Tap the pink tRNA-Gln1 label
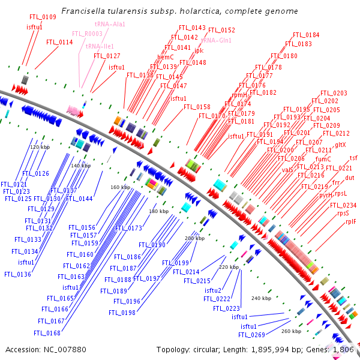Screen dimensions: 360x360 (x=216, y=40)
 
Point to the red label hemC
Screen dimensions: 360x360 (x=165, y=57)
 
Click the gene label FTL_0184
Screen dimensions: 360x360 (x=306, y=35)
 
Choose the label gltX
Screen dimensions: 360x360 (x=340, y=145)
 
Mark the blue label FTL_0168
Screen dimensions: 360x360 (x=47, y=333)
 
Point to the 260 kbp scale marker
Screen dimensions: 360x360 (x=291, y=331)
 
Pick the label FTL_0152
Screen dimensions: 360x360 (x=223, y=29)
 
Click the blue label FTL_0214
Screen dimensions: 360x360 (x=186, y=272)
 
